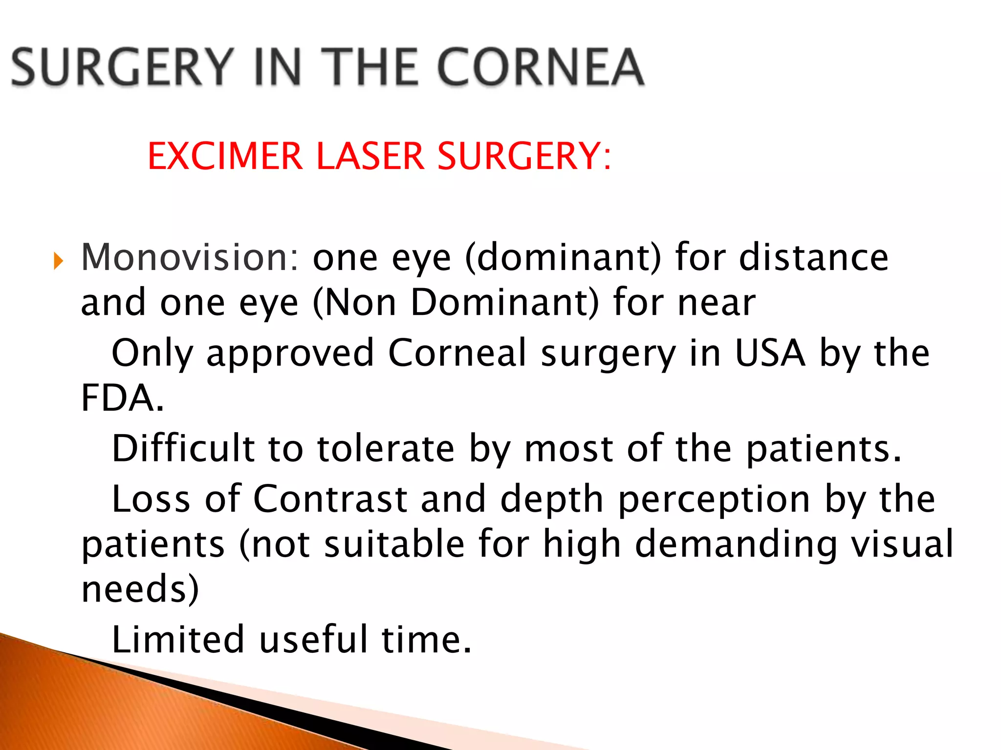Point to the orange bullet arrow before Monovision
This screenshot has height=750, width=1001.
pos(59,261)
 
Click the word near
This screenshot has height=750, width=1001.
pos(717,303)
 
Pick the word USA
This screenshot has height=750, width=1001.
pos(770,353)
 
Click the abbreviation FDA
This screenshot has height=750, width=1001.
pos(122,397)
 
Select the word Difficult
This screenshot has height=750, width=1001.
pos(183,448)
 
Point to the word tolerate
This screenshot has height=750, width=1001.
pos(386,448)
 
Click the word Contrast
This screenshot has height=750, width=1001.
pos(330,499)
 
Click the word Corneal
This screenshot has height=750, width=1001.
pos(457,353)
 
